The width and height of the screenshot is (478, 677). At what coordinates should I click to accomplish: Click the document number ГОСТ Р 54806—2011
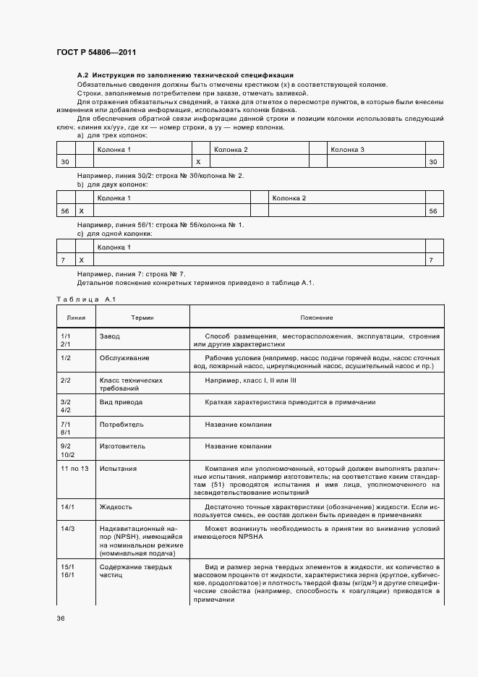coord(95,53)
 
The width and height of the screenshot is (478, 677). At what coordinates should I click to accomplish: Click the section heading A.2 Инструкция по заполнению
coord(185,75)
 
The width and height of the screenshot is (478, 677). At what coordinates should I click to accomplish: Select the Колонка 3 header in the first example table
coord(347,149)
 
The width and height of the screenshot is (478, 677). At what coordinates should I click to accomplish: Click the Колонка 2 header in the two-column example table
coord(289,197)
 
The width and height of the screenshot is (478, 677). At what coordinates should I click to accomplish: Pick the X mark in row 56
coord(81,210)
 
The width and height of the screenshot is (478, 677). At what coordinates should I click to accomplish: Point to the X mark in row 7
coord(81,260)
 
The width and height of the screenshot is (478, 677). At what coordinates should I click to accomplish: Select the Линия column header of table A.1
coord(76,318)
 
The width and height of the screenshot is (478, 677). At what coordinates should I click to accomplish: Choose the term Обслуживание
coord(124,358)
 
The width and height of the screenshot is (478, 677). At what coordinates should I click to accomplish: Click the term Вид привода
coord(121,401)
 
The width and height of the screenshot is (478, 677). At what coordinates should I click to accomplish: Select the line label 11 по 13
coord(74,469)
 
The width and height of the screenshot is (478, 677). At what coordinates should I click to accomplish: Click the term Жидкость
coord(116,508)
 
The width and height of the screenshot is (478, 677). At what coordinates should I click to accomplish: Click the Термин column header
coord(142,318)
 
